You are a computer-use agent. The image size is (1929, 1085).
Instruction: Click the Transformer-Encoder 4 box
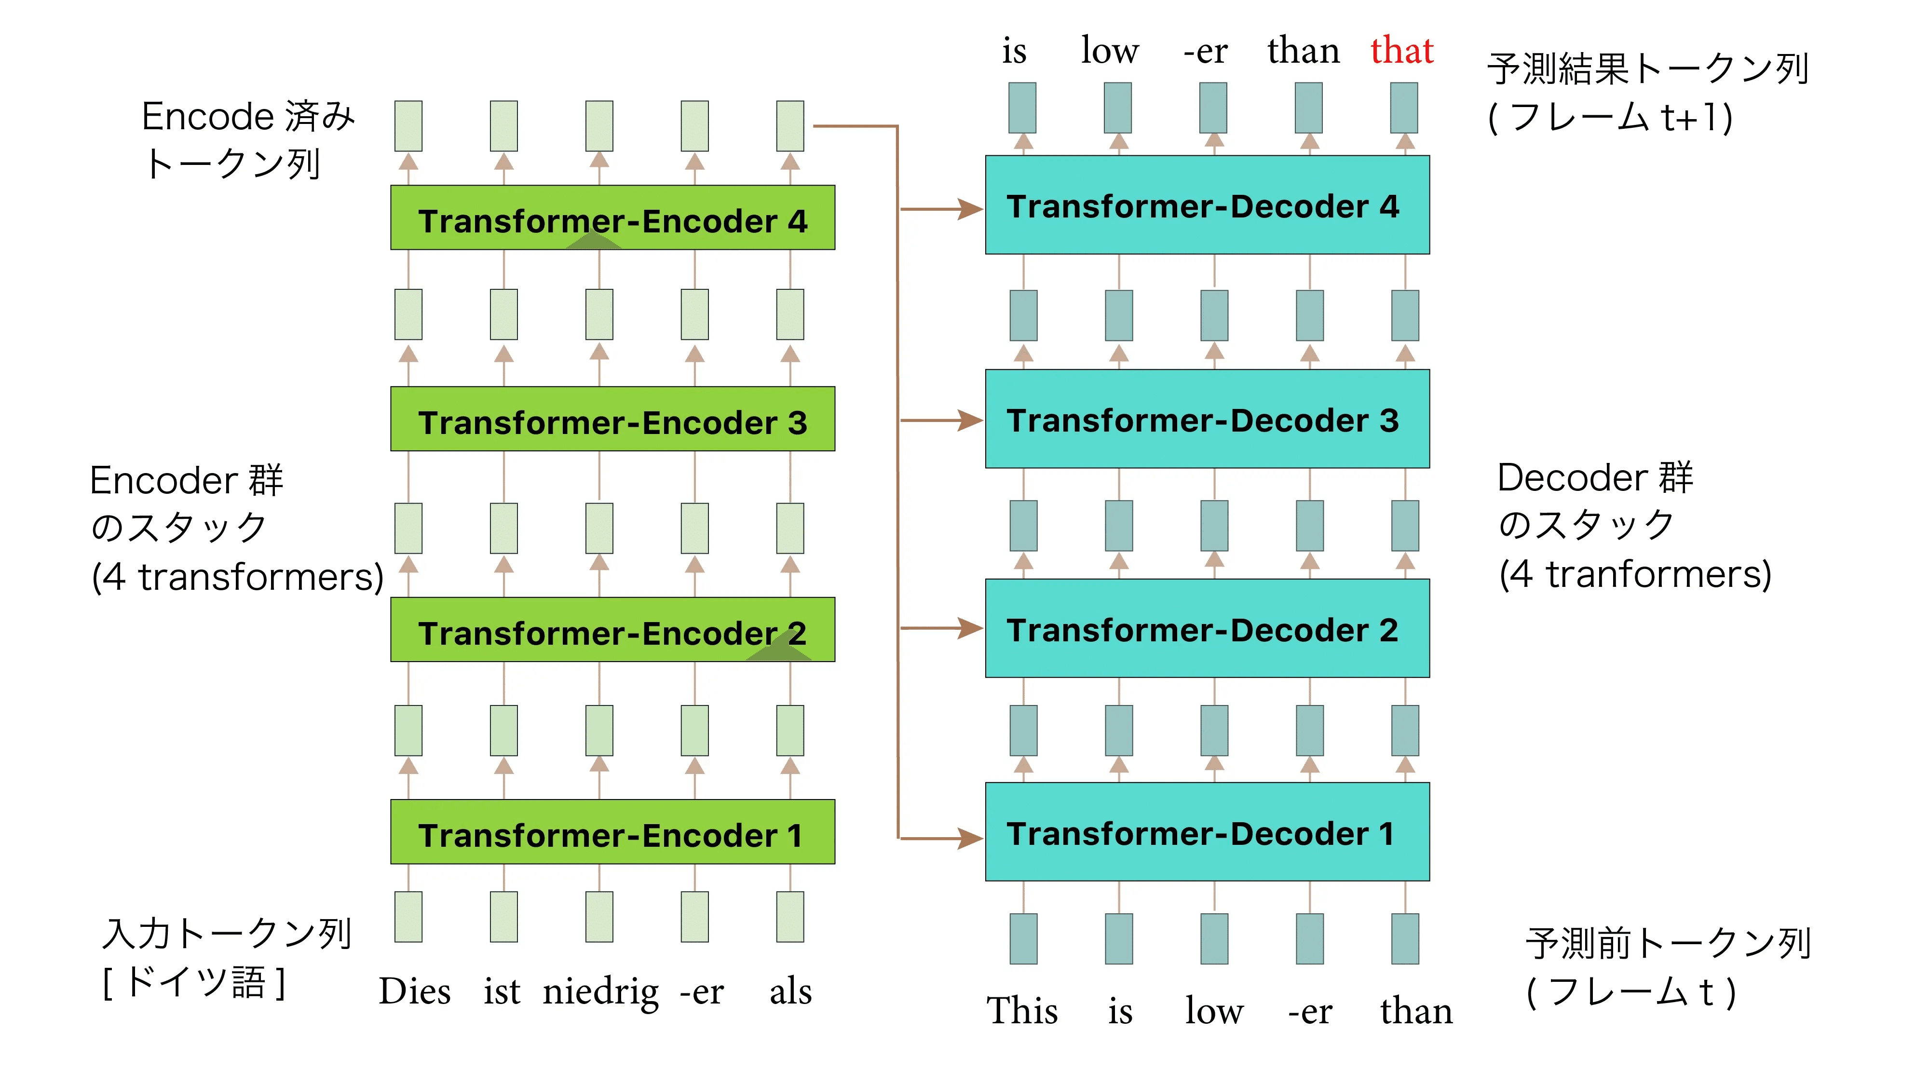point(612,217)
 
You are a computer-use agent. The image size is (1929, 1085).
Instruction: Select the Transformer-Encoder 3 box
point(612,419)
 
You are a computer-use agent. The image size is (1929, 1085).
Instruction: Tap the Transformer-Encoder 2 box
point(612,629)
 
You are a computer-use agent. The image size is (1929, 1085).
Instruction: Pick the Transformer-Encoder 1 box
point(612,831)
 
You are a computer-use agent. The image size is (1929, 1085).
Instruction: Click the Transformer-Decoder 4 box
point(1207,204)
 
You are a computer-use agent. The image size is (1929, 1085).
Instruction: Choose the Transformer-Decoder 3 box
point(1207,419)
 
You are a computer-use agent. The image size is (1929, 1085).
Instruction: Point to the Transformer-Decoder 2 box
point(1207,628)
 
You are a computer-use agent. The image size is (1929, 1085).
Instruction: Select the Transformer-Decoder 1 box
point(1207,832)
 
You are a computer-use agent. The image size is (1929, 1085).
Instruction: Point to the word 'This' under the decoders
point(1022,1010)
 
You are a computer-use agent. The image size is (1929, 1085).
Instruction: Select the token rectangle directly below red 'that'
point(1404,108)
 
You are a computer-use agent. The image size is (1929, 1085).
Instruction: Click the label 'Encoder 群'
point(187,480)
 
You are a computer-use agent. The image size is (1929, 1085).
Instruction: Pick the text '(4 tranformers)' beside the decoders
point(1635,574)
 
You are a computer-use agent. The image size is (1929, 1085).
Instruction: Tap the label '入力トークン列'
point(227,933)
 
